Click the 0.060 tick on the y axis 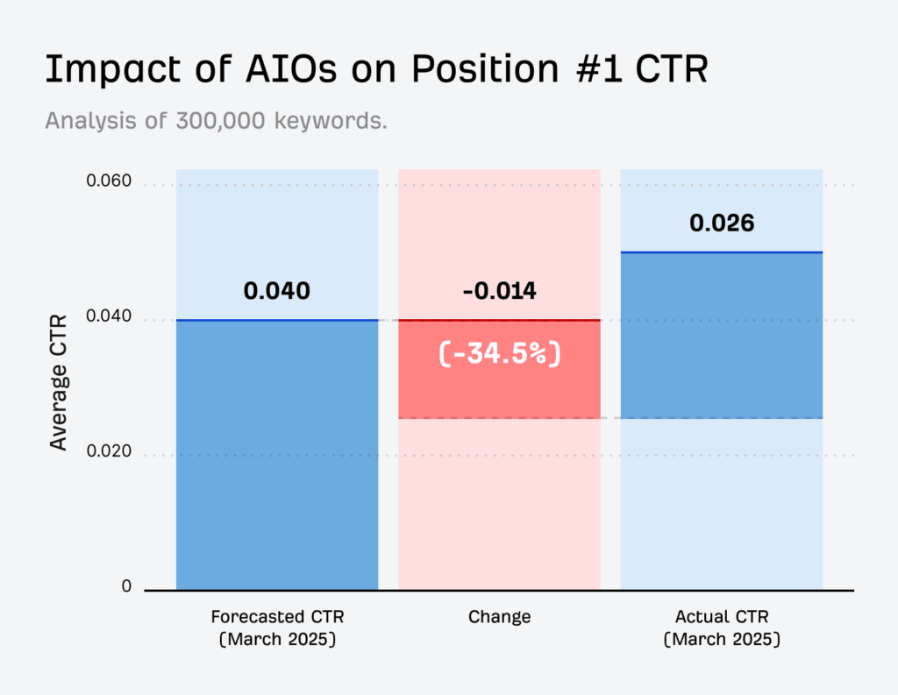[109, 182]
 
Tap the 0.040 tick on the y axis [109, 318]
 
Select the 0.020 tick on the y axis [109, 453]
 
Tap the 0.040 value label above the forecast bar [277, 291]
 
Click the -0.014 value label [499, 291]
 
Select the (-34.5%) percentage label [499, 354]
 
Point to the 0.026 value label [721, 223]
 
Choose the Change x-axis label [499, 617]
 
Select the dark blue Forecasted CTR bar [277, 456]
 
